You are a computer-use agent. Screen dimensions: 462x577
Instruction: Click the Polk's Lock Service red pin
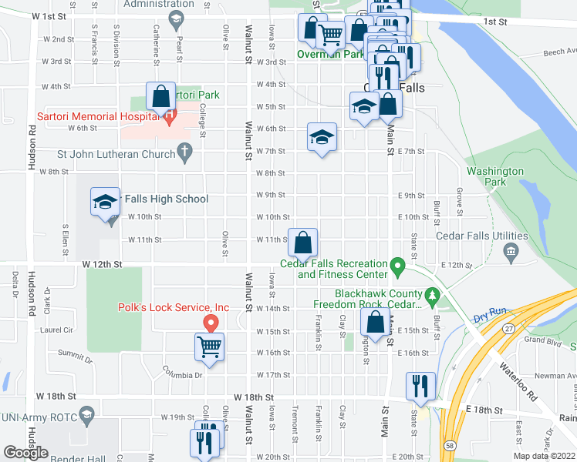coord(207,322)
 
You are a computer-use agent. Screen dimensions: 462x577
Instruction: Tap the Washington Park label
coord(495,176)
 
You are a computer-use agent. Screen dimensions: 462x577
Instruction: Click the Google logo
coord(25,453)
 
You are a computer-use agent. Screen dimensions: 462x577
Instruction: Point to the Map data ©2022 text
coord(544,456)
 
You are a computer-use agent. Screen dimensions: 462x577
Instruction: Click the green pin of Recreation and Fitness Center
coord(398,268)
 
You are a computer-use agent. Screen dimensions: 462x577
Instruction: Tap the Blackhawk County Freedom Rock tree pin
coord(432,295)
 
